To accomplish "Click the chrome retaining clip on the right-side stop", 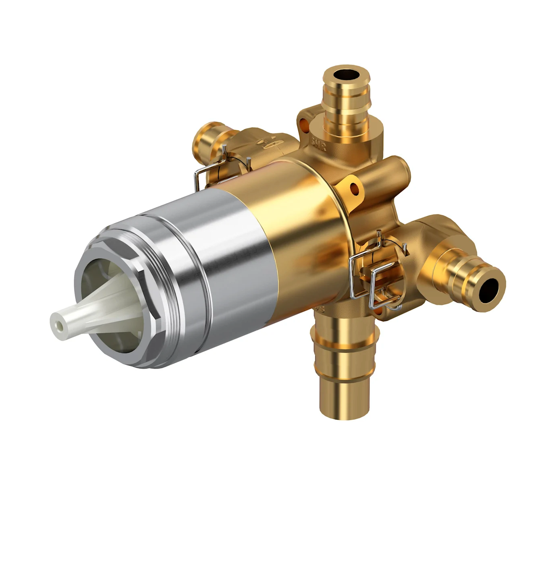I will (x=373, y=275).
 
